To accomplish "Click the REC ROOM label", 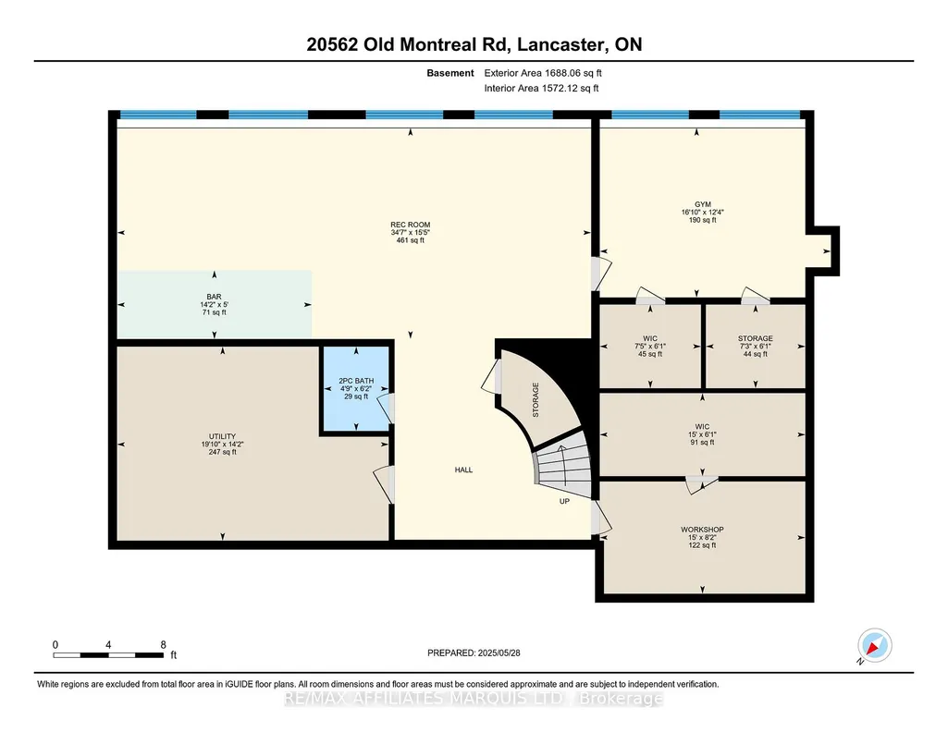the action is pyautogui.click(x=410, y=225).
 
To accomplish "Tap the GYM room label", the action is pyautogui.click(x=703, y=204).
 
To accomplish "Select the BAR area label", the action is pyautogui.click(x=214, y=298).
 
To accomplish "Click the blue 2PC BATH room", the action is pyautogui.click(x=355, y=388).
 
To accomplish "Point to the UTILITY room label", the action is pyautogui.click(x=223, y=436).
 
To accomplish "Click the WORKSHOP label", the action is pyautogui.click(x=702, y=530).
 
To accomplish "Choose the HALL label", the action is pyautogui.click(x=463, y=470).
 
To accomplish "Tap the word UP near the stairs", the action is pyautogui.click(x=564, y=501).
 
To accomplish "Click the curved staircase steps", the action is pyautogui.click(x=562, y=464).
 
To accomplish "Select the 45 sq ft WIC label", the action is pyautogui.click(x=650, y=339).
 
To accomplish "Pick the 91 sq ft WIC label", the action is pyautogui.click(x=702, y=426).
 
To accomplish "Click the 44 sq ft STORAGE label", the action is pyautogui.click(x=755, y=339).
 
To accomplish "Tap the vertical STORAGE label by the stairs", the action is pyautogui.click(x=536, y=400).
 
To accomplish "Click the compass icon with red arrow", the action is pyautogui.click(x=874, y=645).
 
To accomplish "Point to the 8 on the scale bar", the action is pyautogui.click(x=163, y=645).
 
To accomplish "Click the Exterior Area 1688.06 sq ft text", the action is pyautogui.click(x=543, y=73).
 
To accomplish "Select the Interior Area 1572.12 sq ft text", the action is pyautogui.click(x=542, y=88).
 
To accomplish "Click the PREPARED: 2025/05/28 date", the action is pyautogui.click(x=474, y=653).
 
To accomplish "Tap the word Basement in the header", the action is pyautogui.click(x=450, y=73).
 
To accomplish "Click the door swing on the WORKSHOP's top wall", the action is pyautogui.click(x=701, y=484).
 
